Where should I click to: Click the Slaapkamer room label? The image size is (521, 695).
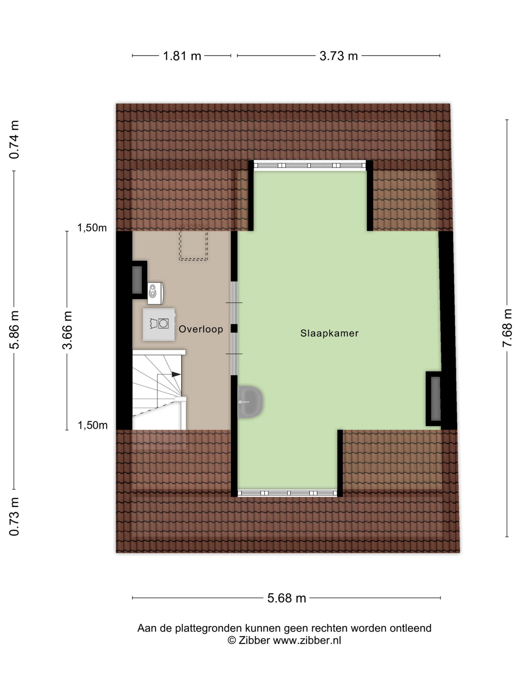(x=329, y=333)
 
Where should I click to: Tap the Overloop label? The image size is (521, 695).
(x=201, y=329)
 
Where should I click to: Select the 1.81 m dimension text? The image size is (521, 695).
(x=182, y=56)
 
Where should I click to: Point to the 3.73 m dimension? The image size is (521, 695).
(x=339, y=56)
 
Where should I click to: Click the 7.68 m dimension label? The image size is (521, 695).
(x=507, y=328)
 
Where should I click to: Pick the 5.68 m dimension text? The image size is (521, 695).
(x=286, y=598)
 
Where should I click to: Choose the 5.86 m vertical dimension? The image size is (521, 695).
(x=14, y=330)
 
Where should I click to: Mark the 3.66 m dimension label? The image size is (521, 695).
(x=67, y=330)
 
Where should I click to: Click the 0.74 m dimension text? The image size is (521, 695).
(x=14, y=140)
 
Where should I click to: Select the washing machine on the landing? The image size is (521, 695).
(x=158, y=324)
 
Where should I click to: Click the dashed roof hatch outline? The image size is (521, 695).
(x=193, y=242)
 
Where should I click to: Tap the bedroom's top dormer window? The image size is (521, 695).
(x=310, y=165)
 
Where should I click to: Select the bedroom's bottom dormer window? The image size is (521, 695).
(x=287, y=493)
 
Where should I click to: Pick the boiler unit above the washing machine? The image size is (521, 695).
(x=155, y=293)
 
